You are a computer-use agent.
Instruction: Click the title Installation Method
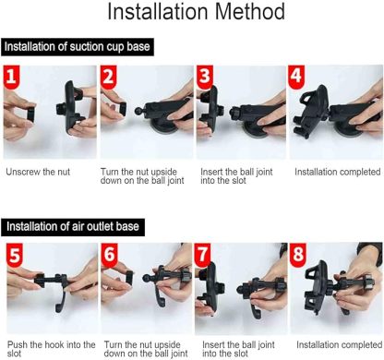[192, 14]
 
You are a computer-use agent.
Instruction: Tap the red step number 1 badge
[15, 76]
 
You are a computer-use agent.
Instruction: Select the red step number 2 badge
[111, 76]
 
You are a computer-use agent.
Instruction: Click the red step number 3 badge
[207, 76]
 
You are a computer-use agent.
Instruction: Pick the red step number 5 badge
[15, 255]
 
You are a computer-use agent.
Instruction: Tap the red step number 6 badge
[111, 255]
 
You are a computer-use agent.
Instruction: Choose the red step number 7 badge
[207, 255]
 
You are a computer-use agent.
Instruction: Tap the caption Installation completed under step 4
[337, 172]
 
